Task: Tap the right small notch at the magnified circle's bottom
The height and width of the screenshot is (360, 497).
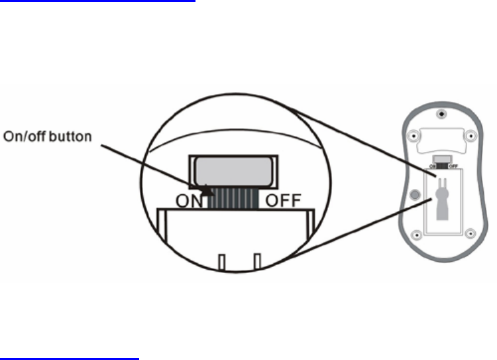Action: coord(258,263)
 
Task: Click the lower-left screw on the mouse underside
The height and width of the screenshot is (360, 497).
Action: coord(416,233)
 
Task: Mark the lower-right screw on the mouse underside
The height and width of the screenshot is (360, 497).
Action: coord(470,233)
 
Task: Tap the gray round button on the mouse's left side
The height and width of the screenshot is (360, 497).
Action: coord(415,196)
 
